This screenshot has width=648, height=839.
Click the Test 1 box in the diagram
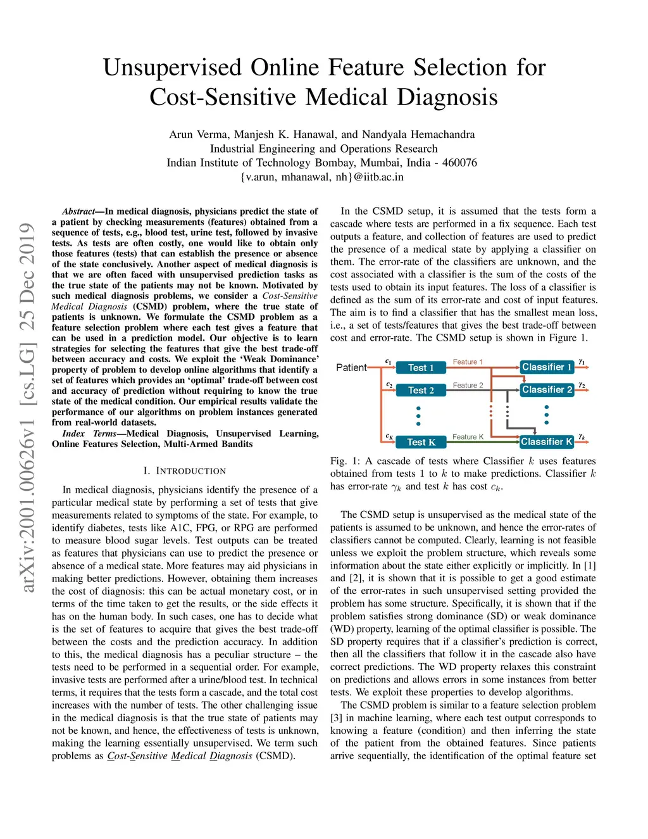pos(421,367)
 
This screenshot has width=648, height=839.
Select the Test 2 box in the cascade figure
pos(421,390)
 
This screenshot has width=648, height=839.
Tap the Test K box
pos(421,442)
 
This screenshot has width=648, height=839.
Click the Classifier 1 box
pos(547,367)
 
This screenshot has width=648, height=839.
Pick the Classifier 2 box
pos(547,389)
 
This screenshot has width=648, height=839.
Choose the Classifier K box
pos(546,441)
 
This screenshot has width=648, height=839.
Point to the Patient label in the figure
pos(351,367)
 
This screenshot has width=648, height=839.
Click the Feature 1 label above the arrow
pos(468,362)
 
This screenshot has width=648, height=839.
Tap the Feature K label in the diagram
pos(468,437)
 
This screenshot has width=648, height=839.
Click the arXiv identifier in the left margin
pos(27,408)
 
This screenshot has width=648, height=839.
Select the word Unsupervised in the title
pos(173,68)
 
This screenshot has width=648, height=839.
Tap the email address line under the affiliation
pos(322,177)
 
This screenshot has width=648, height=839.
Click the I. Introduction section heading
pos(184,471)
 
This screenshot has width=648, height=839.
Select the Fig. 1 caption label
pos(345,461)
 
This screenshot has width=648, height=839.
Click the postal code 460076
pos(459,163)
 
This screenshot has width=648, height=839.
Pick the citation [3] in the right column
pos(336,718)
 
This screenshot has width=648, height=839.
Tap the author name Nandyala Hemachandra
pos(418,134)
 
